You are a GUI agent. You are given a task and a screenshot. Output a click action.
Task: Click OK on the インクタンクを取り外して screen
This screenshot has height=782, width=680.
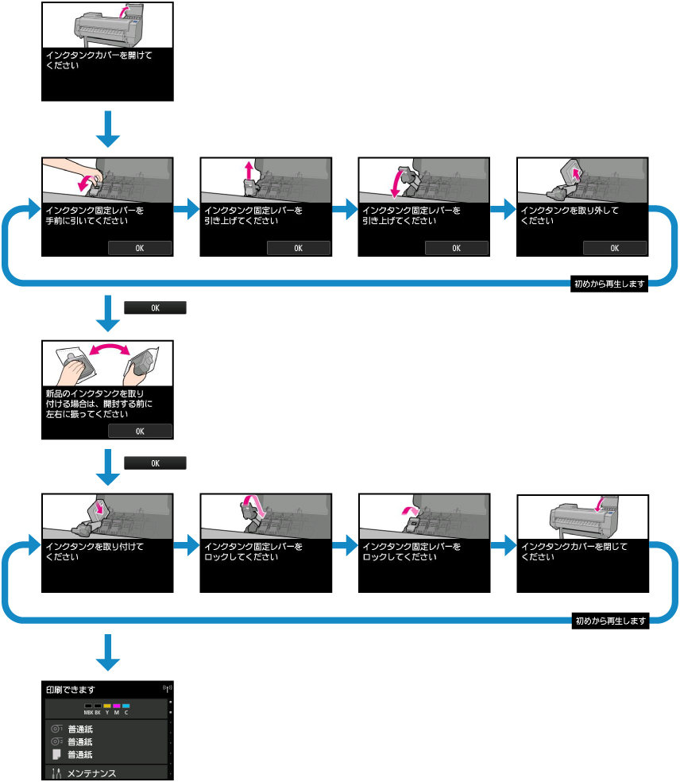pos(614,248)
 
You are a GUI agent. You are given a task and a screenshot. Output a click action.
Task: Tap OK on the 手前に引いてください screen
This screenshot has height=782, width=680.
pos(140,248)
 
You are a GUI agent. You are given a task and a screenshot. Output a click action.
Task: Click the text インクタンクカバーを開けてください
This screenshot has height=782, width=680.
pos(99,60)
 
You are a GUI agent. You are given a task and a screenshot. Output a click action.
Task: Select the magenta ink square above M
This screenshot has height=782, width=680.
pos(116,706)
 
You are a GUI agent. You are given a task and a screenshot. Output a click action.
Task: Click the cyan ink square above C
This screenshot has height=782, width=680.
pos(126,706)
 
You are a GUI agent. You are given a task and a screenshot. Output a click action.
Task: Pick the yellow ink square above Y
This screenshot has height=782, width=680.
pos(106,706)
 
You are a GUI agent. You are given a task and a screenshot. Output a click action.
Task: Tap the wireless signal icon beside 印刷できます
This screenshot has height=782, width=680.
pos(167,687)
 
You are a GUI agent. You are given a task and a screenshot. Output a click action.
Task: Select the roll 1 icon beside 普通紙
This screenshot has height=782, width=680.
pos(56,728)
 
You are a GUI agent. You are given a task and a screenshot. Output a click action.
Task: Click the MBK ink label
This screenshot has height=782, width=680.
pos(88,713)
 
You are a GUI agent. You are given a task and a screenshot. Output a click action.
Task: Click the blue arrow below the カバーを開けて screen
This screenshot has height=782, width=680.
pos(107,129)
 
